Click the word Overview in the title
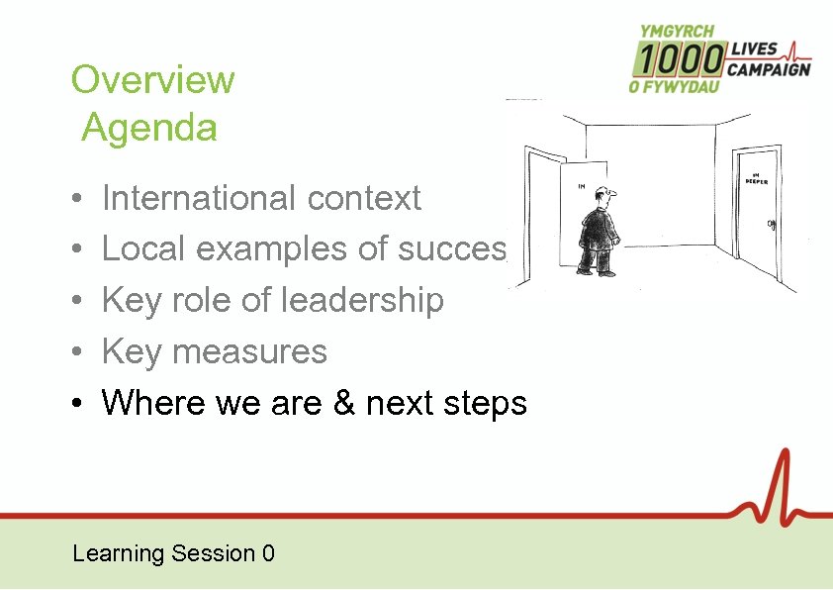coord(153,80)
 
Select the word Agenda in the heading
coord(149,129)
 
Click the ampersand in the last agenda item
coord(343,403)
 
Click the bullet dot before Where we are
coord(77,404)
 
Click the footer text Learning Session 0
coord(173,553)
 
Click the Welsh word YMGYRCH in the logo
coord(678,32)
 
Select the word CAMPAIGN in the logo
coord(769,69)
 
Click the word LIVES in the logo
coord(754,49)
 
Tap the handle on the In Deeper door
coord(771,225)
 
